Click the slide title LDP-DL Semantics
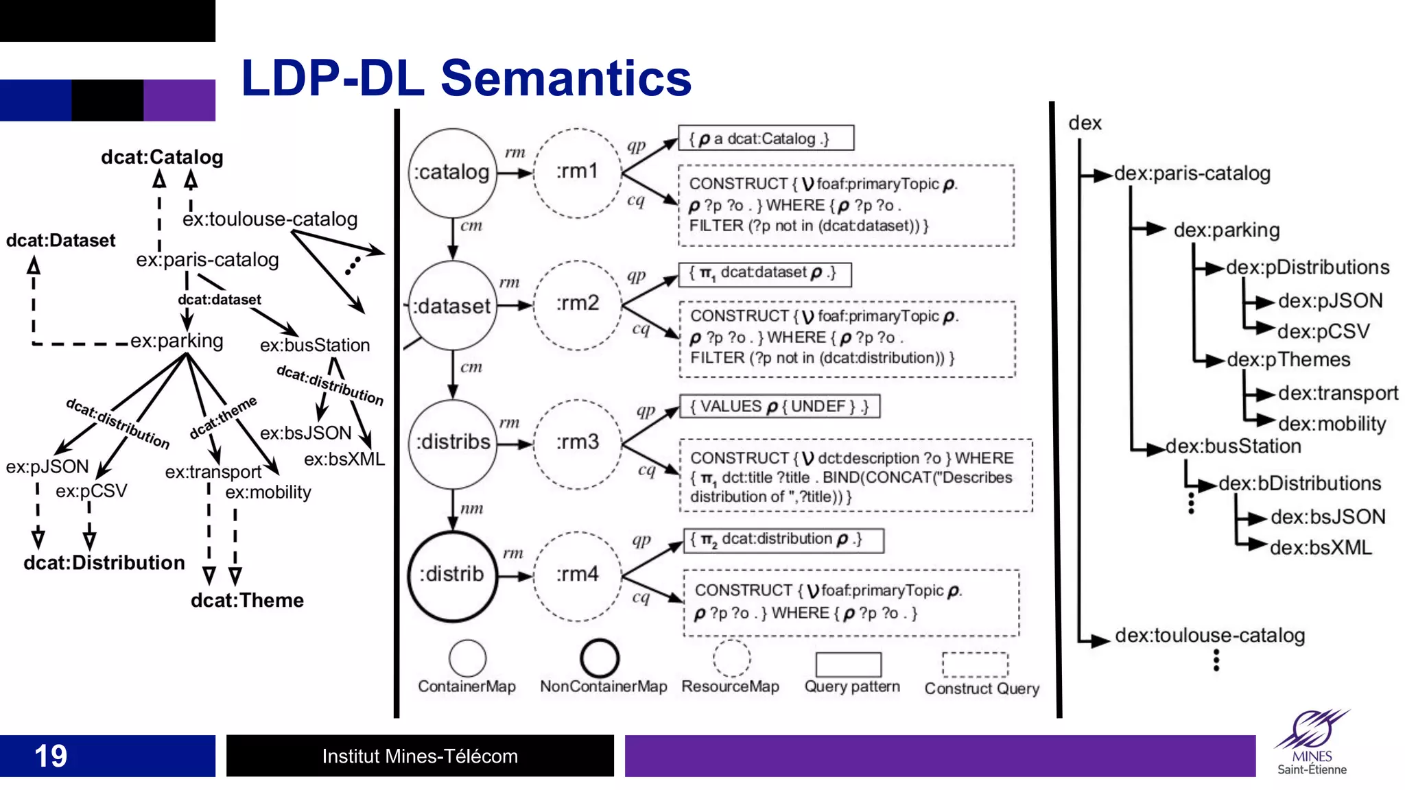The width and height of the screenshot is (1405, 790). tap(466, 77)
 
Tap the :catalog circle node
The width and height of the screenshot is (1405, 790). tap(452, 172)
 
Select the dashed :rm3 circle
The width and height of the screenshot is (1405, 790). tap(578, 443)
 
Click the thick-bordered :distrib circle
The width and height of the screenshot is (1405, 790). tap(452, 575)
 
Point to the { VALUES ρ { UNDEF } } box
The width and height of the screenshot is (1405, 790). tap(779, 407)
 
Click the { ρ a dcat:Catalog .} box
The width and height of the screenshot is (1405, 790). tap(766, 139)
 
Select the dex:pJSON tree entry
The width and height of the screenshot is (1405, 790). tap(1330, 301)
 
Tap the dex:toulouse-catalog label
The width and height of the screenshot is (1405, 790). tap(1209, 636)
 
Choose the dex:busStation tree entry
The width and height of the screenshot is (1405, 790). tap(1233, 446)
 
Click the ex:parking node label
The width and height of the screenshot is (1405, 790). tap(176, 341)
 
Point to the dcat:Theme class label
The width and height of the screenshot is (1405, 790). tap(247, 601)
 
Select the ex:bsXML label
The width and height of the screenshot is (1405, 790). tap(344, 459)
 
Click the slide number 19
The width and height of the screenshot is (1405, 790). tap(51, 756)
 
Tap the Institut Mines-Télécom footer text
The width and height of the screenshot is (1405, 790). tap(420, 756)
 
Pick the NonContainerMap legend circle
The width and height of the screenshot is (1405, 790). tap(600, 658)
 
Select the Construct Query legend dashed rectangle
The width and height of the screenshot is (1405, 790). tap(975, 665)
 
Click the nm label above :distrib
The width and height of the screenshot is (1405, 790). tap(471, 509)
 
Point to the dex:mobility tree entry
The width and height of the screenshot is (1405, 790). tap(1332, 424)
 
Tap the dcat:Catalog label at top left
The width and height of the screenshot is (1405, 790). tap(162, 157)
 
